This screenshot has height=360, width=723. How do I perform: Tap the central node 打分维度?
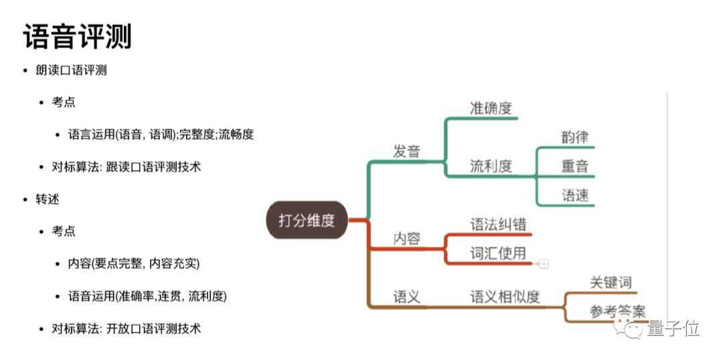307,220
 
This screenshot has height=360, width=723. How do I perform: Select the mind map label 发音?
406,151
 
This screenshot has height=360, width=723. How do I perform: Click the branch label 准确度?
491,108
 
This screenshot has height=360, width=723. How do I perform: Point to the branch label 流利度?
491,166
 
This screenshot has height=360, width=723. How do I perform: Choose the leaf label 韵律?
575,137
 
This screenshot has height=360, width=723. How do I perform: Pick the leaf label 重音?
575,166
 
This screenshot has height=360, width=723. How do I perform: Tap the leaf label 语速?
575,195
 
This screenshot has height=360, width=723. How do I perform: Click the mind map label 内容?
406,238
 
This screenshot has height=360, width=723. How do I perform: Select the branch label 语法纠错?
498,225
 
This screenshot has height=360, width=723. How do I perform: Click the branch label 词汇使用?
497,254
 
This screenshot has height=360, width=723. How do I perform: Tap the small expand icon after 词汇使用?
544,264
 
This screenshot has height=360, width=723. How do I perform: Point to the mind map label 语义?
406,296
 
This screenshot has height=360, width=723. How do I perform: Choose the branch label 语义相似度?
505,296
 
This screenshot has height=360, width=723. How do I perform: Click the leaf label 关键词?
611,282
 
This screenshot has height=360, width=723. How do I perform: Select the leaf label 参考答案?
617,311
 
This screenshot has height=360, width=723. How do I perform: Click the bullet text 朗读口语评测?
72,70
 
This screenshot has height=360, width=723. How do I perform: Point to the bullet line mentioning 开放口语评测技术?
127,329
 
